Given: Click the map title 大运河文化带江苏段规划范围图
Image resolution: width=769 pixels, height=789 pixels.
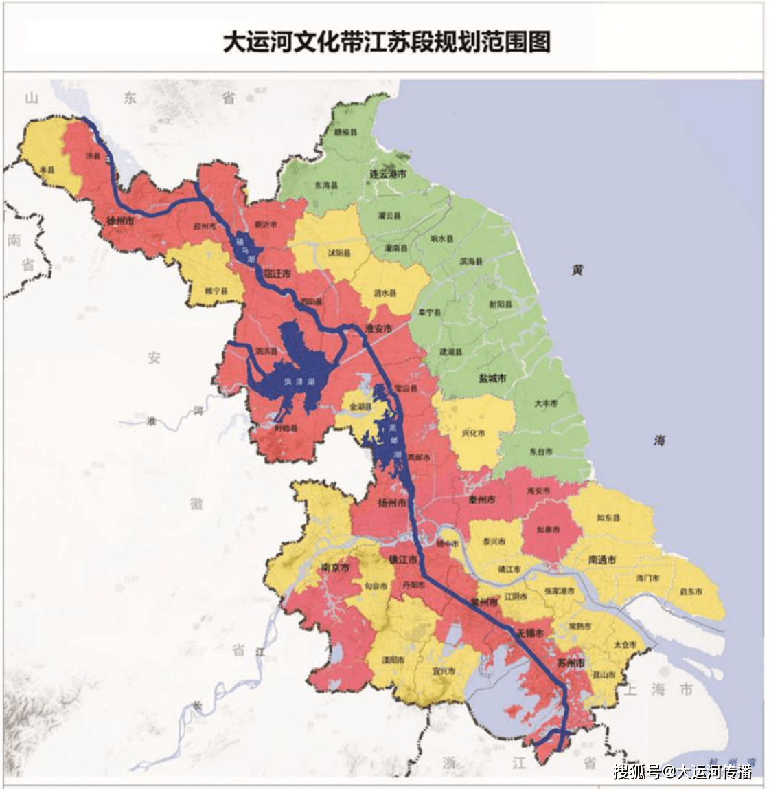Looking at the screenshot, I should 387,42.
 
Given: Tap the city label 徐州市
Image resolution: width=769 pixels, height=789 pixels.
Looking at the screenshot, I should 120,221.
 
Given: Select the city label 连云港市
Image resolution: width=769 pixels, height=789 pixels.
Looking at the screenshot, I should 388,174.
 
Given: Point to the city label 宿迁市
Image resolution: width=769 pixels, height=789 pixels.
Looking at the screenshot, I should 277,274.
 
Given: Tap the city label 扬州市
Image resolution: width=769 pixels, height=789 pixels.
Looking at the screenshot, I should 392,502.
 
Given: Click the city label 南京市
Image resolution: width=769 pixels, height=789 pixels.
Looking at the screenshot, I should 335,568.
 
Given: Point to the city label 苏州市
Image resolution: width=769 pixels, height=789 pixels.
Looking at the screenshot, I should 571,663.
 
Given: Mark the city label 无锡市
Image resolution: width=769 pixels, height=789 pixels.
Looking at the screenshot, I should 530,632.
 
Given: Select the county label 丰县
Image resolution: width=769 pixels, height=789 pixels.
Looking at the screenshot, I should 47,168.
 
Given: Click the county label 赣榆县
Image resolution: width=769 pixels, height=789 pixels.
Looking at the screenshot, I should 345,131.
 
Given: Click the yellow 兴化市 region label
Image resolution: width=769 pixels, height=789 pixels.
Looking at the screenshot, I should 474,434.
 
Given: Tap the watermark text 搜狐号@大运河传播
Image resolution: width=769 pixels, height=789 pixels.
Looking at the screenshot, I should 682,771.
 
